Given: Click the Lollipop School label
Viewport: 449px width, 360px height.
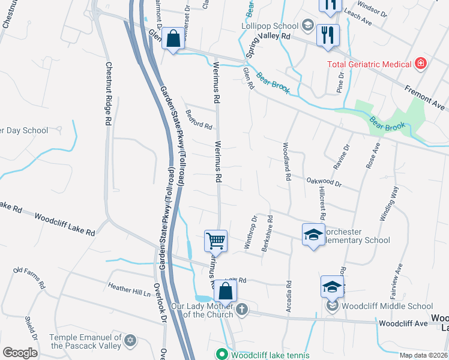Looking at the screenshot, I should (x=270, y=26).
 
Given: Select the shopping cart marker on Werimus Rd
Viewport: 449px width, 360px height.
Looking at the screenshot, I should (x=215, y=241).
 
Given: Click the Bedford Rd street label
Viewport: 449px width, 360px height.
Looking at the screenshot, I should (x=199, y=119).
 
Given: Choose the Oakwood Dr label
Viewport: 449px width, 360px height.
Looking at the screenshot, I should (x=324, y=182).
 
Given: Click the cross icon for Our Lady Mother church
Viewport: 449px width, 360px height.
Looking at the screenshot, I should (x=241, y=309).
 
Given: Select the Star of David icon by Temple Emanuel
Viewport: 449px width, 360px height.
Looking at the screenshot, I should (x=130, y=341).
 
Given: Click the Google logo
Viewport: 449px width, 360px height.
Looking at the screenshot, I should (x=19, y=353).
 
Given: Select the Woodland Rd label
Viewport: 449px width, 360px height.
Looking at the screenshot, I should (x=287, y=161).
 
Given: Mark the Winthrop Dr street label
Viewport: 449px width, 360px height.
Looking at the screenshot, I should (x=250, y=233).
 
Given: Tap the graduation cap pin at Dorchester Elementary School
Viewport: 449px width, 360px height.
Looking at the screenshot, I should (x=312, y=234).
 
